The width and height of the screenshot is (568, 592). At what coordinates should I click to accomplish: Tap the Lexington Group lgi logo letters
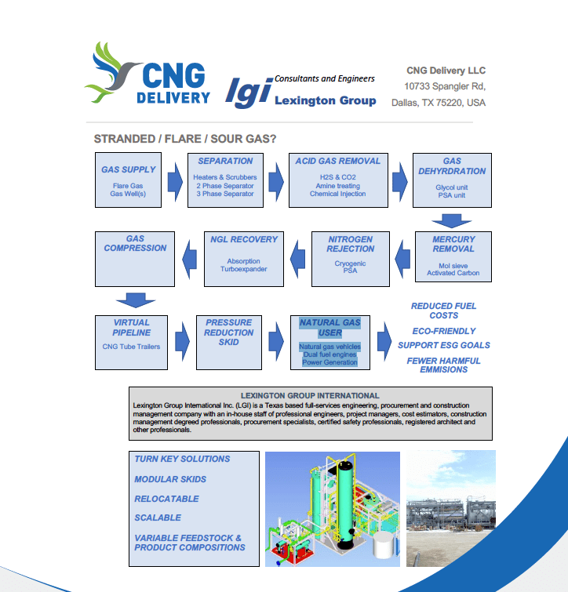click(248, 93)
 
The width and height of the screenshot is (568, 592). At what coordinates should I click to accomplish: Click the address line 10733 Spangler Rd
click(444, 86)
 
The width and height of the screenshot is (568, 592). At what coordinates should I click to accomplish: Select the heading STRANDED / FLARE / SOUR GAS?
click(185, 139)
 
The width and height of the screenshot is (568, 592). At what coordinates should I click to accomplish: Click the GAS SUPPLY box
click(129, 180)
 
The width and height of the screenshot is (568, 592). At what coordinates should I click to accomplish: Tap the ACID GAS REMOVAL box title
click(337, 161)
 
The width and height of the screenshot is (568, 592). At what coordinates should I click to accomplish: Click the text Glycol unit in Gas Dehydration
click(452, 187)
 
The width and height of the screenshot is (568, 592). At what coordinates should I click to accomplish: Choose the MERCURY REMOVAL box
click(453, 256)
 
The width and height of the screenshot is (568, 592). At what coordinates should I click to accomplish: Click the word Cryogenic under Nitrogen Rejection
click(350, 263)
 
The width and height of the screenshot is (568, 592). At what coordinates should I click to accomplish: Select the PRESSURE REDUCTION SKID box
click(228, 342)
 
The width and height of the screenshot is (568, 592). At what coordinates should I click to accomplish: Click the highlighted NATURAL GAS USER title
click(330, 327)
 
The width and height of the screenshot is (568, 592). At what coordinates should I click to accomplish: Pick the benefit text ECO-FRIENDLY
click(444, 331)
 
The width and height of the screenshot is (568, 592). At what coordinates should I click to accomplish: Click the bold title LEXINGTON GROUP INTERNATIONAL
click(310, 395)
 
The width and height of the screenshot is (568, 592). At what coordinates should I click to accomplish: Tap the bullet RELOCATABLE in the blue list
click(166, 499)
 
